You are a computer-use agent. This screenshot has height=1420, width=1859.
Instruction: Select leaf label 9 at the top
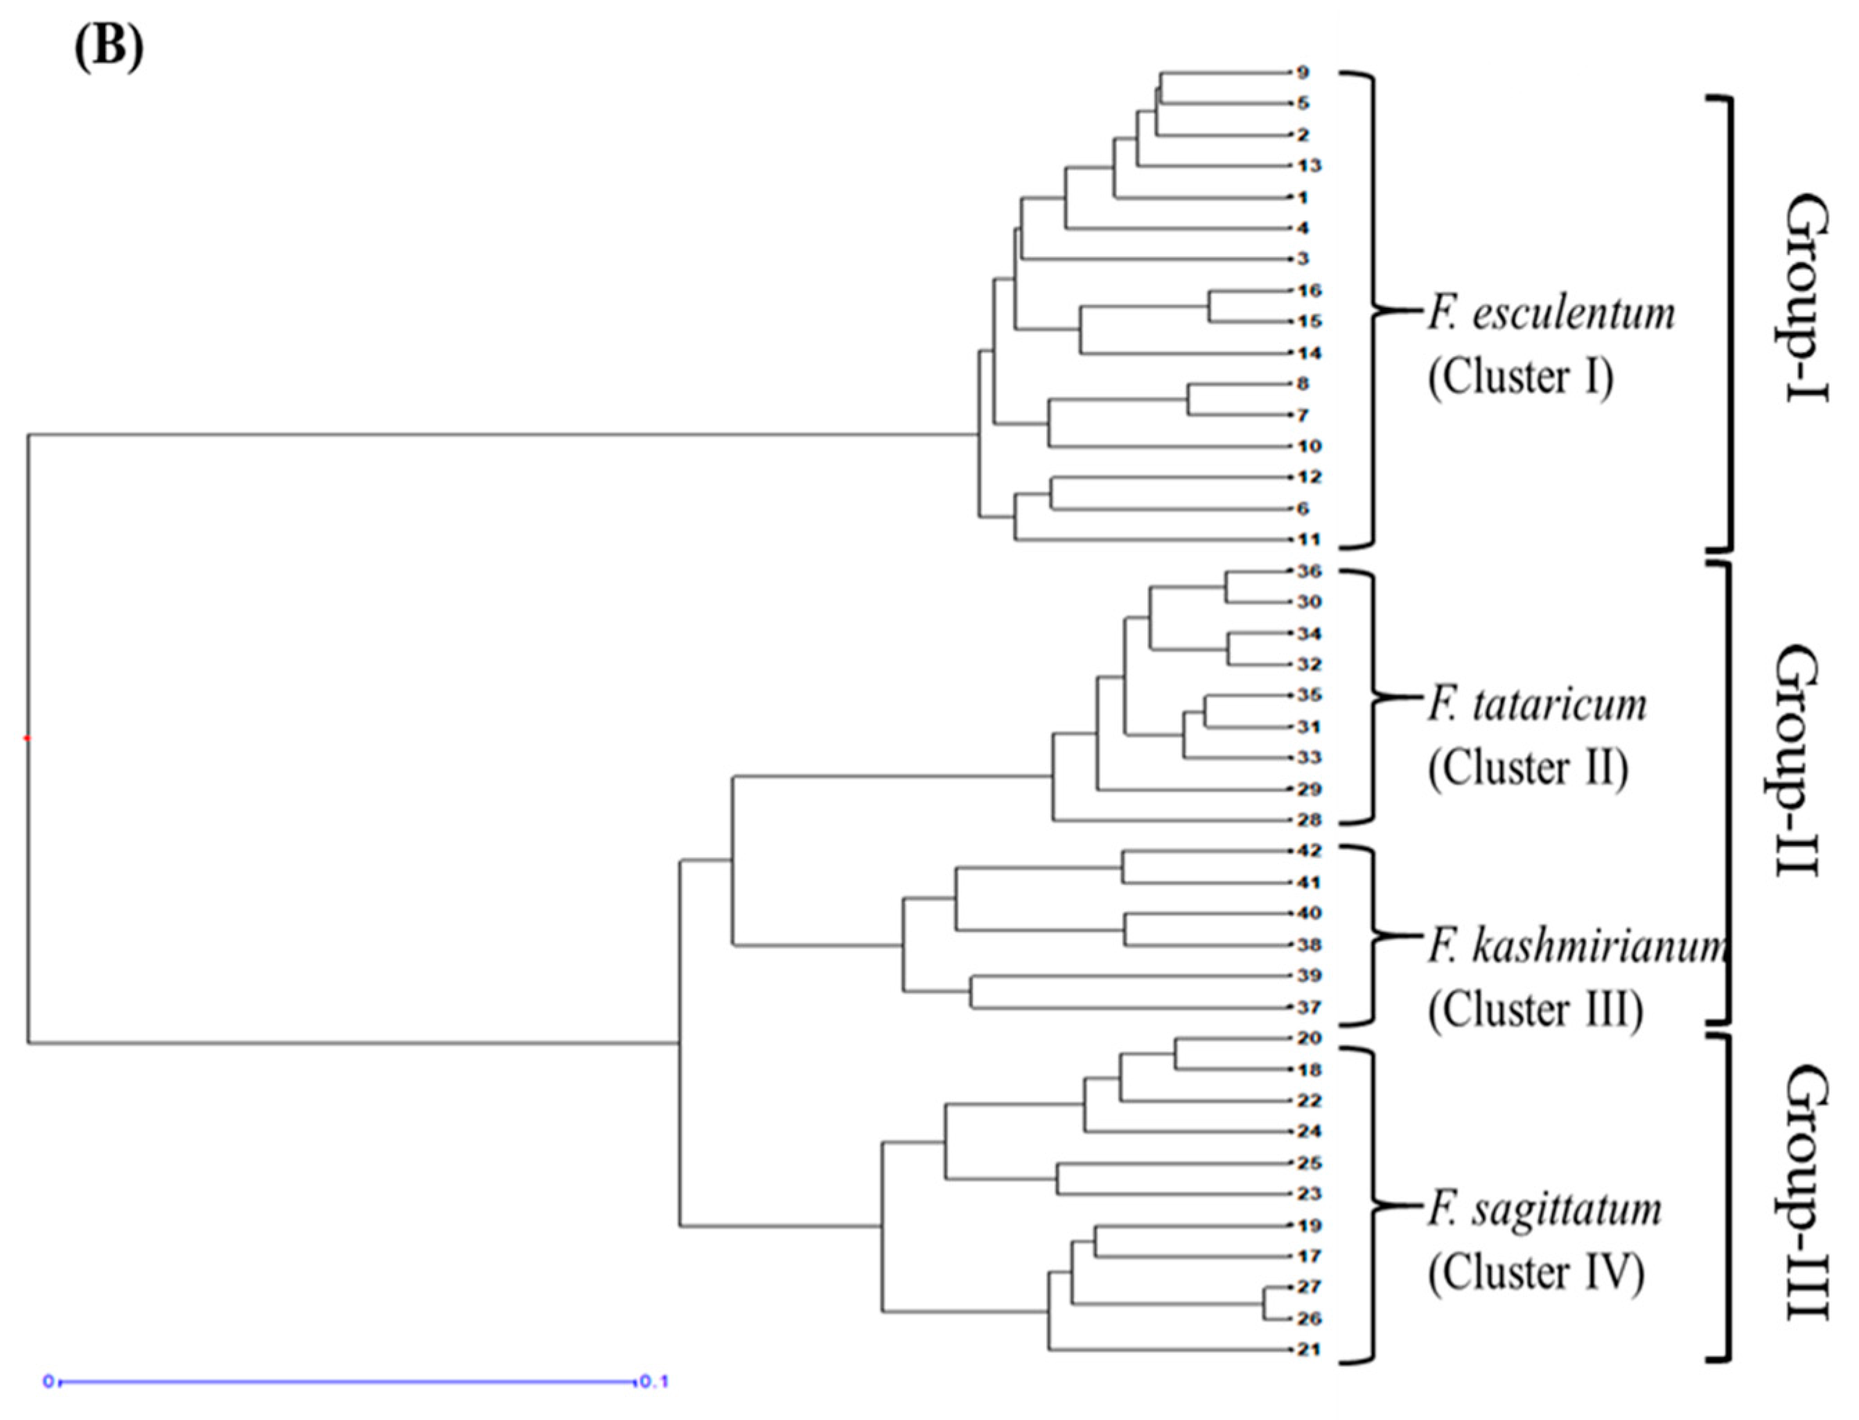click(1303, 73)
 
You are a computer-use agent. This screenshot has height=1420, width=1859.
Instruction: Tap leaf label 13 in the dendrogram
click(1309, 166)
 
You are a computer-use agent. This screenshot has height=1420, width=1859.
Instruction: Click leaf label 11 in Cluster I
click(1309, 539)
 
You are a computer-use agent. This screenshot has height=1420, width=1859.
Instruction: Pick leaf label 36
click(1309, 571)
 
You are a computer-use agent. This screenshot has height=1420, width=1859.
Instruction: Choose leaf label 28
click(1309, 820)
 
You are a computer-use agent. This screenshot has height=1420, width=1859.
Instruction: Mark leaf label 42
click(1309, 850)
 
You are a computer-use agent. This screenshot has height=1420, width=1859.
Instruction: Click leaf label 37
click(1309, 1008)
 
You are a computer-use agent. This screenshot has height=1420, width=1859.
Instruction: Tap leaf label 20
click(1309, 1038)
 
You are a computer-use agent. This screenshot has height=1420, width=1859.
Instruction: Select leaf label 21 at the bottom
click(1309, 1350)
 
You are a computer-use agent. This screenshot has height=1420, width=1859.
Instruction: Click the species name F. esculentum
click(1551, 313)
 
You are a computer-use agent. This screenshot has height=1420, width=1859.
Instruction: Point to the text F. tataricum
click(1537, 705)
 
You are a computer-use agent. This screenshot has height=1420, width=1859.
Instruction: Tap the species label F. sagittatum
click(1544, 1209)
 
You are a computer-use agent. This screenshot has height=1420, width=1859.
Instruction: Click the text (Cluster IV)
click(1536, 1273)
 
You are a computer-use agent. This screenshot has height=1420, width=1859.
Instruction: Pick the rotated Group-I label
click(1806, 299)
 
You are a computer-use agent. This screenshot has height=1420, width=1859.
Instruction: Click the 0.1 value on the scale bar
click(654, 1382)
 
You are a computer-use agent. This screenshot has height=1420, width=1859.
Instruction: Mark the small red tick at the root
click(27, 739)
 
